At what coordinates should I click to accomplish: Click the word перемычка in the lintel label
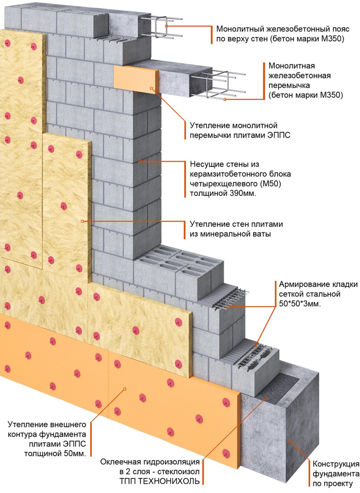tap(289, 85)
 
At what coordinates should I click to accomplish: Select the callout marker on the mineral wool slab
tap(82, 221)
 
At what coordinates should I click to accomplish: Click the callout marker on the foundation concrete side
tap(290, 441)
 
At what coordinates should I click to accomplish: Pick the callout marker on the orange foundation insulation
tap(125, 389)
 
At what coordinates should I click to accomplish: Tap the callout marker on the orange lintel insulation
tap(151, 88)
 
